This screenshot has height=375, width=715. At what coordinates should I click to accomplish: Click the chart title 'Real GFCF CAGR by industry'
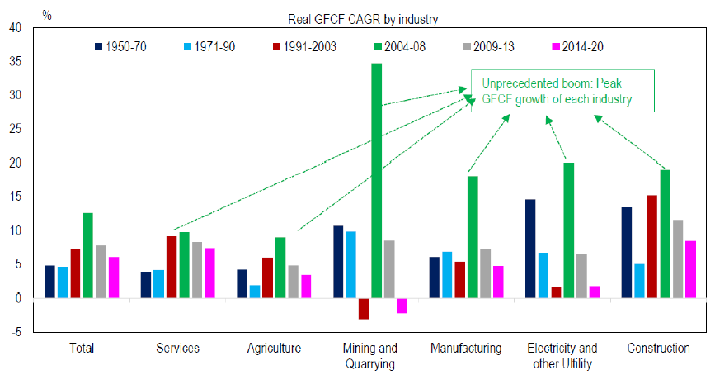[358, 19]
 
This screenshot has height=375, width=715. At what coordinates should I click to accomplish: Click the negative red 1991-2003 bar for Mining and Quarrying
[364, 308]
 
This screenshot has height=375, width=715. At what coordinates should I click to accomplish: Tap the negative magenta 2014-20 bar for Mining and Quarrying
[402, 306]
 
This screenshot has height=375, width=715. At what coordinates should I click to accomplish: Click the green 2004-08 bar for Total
[88, 255]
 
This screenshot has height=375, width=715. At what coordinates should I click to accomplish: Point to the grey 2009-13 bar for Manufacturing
[486, 273]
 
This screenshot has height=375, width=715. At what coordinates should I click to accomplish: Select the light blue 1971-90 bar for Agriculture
[255, 292]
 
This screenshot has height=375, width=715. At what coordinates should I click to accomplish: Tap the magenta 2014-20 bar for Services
[210, 273]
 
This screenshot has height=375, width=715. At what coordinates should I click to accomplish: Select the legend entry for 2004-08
[396, 46]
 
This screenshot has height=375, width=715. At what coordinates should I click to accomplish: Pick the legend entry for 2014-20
[576, 46]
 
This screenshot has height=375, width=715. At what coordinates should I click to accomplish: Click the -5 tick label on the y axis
[16, 332]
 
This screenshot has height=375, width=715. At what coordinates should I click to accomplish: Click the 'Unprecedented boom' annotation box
[552, 92]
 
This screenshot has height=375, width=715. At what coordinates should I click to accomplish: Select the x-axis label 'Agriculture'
[275, 349]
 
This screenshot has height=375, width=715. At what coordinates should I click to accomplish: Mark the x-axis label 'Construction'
[658, 349]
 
